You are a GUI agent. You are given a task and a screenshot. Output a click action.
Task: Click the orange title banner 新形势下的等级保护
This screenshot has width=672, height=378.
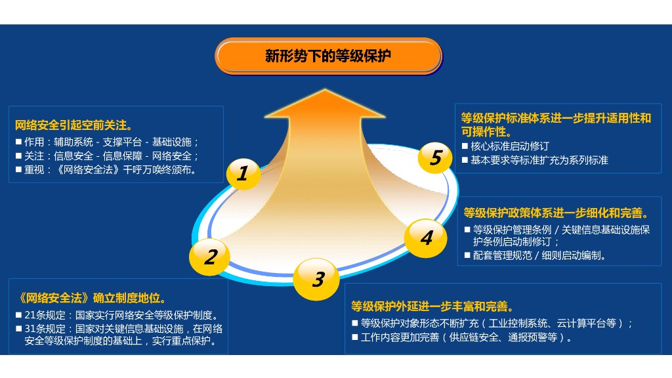(x=328, y=56)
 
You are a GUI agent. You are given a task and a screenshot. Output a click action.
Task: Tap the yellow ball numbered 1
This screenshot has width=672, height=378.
(x=243, y=173)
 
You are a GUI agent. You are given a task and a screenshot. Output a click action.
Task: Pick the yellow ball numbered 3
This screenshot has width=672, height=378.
(x=318, y=280)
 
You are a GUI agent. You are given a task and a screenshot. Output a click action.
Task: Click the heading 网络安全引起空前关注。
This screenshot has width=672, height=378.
(x=74, y=125)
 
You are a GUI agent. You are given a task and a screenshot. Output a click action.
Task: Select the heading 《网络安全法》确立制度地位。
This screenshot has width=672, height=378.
(x=93, y=297)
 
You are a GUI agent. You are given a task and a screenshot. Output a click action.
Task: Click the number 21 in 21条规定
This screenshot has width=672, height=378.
(x=30, y=315)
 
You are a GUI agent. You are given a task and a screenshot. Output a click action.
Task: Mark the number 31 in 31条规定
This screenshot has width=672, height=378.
(x=30, y=329)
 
